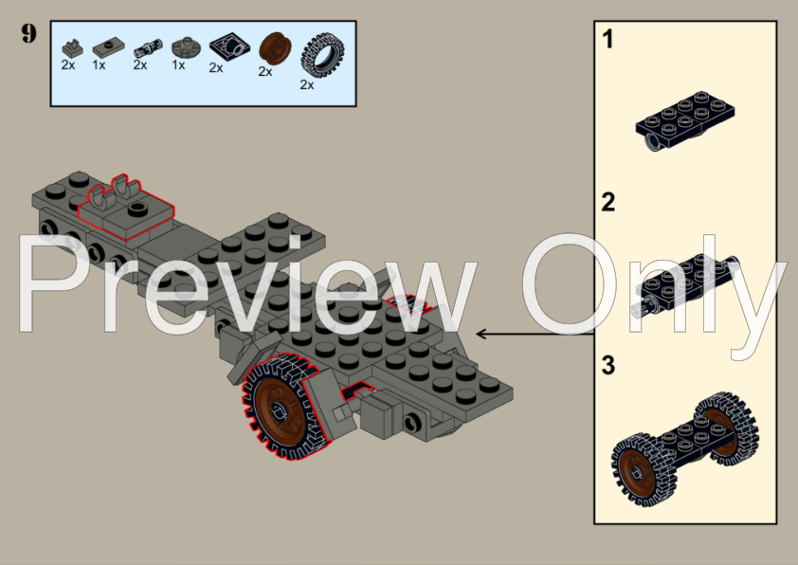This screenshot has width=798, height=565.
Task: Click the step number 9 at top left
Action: [28, 34]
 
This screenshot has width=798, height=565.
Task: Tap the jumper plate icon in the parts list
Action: [105, 46]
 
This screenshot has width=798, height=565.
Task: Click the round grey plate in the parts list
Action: [182, 45]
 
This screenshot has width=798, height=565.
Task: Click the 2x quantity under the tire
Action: [307, 83]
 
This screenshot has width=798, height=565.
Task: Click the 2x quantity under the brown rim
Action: [265, 71]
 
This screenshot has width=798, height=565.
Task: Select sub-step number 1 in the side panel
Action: [608, 40]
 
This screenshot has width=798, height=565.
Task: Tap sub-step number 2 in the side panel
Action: [608, 202]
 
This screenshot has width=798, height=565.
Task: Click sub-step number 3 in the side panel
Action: [608, 364]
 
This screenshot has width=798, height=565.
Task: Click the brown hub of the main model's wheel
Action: [281, 410]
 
